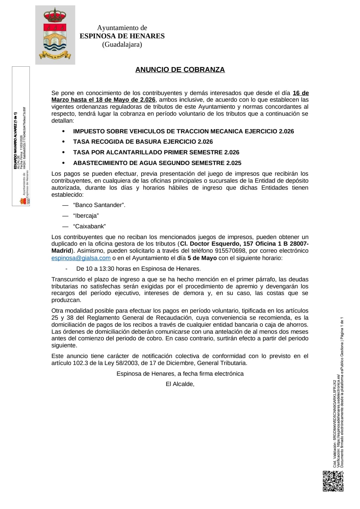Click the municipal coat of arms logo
click(x=55, y=35)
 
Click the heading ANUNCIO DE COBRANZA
click(x=180, y=70)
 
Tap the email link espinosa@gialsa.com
click(x=81, y=258)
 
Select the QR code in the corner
click(x=333, y=481)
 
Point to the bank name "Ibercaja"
click(x=86, y=216)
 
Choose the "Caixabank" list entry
click(x=89, y=226)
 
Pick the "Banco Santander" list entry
click(x=99, y=205)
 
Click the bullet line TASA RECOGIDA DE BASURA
click(x=143, y=142)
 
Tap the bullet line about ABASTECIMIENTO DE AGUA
click(x=157, y=163)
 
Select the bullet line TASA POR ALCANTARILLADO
click(x=156, y=152)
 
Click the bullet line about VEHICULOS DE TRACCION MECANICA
click(x=183, y=131)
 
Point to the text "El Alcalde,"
click(x=180, y=384)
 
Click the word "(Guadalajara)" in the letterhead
click(x=122, y=44)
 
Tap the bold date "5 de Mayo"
click(x=202, y=258)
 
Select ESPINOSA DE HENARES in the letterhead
click(x=122, y=36)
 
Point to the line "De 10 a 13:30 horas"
click(x=138, y=269)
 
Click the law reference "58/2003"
click(x=126, y=363)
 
